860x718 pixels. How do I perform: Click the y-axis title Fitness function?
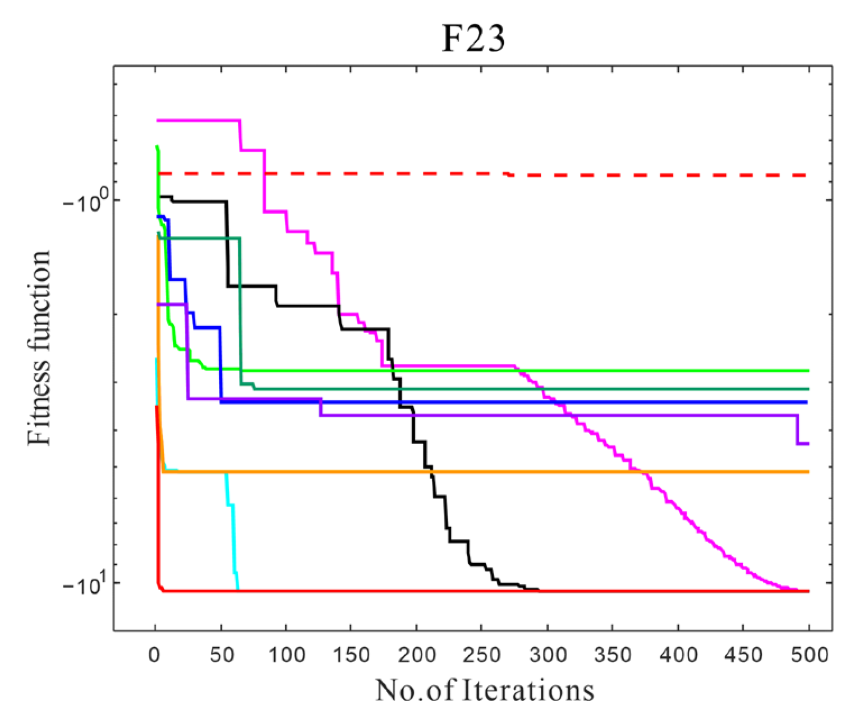(x=40, y=348)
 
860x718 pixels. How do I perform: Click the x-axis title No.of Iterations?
(x=484, y=690)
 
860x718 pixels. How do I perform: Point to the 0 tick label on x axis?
(x=155, y=655)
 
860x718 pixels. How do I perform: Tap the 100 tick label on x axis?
(x=286, y=655)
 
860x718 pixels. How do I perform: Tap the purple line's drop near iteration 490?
(x=797, y=430)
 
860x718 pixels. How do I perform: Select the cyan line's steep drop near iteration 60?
(x=233, y=533)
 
